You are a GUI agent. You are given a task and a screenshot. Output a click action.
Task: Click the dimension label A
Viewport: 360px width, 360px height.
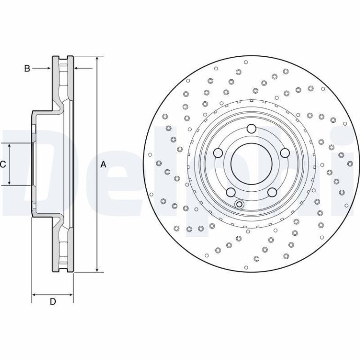[104, 165]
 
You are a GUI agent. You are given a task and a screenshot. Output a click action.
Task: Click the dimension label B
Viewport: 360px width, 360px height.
[27, 68]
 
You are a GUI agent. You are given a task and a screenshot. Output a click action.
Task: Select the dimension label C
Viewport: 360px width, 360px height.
[3, 165]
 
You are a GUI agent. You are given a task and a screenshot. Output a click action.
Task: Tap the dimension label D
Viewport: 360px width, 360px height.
[53, 301]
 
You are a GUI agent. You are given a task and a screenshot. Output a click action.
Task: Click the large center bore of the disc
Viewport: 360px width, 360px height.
[251, 164]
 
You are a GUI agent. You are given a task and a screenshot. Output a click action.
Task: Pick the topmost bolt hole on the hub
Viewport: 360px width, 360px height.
[251, 128]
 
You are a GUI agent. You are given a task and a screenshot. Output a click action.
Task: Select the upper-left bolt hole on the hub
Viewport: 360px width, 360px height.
[218, 153]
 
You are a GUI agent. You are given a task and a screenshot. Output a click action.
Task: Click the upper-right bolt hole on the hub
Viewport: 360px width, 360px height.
[285, 153]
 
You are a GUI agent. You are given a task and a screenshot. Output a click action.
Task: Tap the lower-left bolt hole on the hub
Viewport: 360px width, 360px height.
[231, 192]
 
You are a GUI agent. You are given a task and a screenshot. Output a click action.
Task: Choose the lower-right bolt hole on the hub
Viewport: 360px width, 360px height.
[272, 192]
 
